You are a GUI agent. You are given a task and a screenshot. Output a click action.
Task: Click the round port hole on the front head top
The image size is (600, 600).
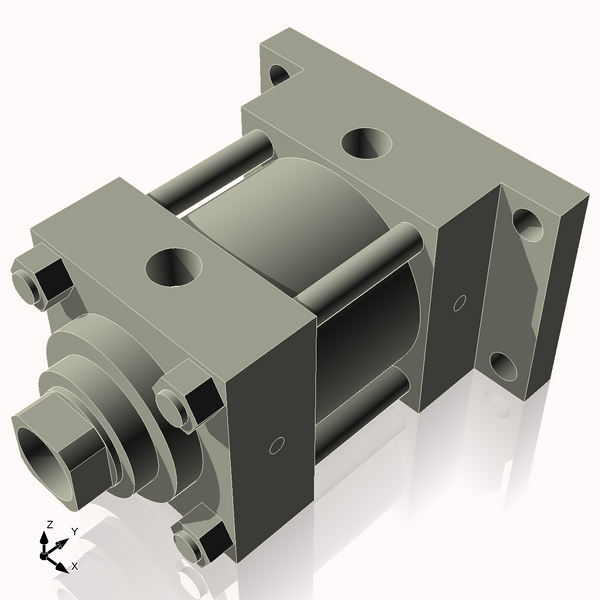coord(174,267)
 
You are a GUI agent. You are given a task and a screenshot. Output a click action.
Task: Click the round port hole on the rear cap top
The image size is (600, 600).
coord(367,143)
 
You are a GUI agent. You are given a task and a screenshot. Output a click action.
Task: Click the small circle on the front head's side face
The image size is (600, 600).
coord(279,444)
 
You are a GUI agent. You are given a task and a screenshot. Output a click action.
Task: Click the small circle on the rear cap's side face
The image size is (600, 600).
coord(460,301)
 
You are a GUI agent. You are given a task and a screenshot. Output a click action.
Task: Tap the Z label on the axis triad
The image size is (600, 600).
coord(49,524)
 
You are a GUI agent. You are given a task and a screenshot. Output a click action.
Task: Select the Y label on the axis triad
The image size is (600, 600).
coord(74,531)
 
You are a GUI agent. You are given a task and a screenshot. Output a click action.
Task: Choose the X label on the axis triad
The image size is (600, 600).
coord(74,565)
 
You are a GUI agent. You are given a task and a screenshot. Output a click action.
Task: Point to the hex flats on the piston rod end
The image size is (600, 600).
coord(85,461)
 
